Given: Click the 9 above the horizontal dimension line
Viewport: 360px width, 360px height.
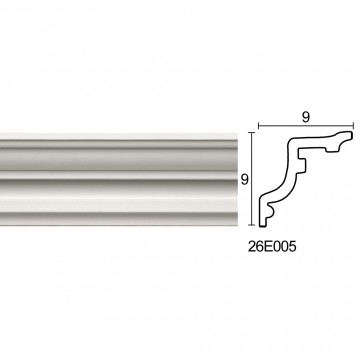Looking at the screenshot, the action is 306,117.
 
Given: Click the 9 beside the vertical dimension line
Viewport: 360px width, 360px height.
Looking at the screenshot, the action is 245,180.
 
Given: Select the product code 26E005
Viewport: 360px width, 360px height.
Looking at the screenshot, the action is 272,247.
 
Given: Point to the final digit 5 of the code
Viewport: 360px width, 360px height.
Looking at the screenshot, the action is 292,247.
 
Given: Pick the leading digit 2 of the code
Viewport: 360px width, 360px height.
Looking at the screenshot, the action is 252,247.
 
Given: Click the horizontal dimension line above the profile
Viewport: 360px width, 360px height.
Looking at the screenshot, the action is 306,126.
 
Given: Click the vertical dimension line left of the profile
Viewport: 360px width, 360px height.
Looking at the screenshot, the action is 252,179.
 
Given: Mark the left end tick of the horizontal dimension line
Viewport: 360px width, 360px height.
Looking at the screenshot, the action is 259,126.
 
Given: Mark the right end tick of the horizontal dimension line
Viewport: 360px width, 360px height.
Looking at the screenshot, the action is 353,126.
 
